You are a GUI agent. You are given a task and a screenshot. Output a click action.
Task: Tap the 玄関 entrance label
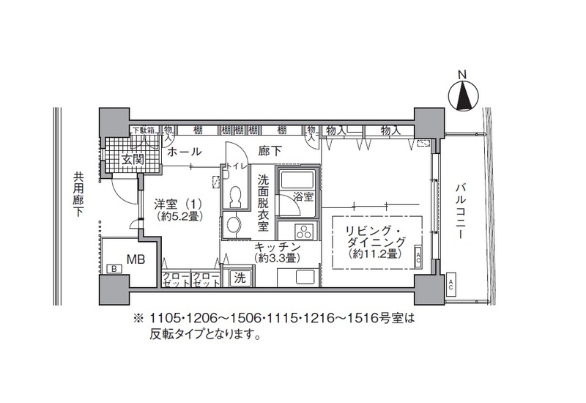132,159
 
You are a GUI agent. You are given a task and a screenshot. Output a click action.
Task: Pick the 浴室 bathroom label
303,196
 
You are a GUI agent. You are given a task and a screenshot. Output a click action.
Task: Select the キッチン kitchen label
275,247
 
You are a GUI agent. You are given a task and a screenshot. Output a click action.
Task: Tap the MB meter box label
135,258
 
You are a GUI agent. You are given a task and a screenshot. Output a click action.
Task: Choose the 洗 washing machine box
239,278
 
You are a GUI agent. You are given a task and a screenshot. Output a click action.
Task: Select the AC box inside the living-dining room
416,257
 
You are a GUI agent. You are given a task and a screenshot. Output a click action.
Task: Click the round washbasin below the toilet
234,223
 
